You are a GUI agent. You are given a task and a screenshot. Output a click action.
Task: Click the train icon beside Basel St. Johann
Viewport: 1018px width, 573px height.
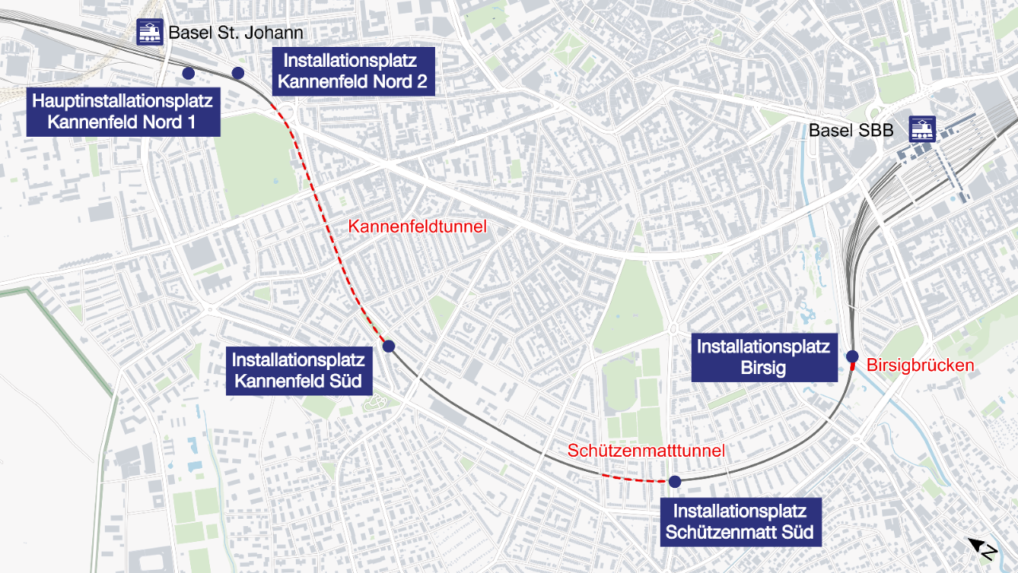(150, 32)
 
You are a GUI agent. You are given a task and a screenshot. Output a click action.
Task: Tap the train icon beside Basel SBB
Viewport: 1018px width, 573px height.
(923, 129)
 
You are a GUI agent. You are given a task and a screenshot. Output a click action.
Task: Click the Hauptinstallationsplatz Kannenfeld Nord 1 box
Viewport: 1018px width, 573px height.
(122, 111)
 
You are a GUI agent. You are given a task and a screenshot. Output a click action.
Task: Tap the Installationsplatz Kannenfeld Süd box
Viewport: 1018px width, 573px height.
(298, 370)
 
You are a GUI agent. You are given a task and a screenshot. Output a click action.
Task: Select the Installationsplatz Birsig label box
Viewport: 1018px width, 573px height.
(763, 357)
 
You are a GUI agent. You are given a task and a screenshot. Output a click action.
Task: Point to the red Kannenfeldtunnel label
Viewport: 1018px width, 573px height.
(418, 227)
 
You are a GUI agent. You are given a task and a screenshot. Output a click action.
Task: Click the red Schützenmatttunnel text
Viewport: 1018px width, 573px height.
(646, 450)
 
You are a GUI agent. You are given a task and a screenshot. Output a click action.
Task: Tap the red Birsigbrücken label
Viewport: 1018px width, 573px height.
(920, 366)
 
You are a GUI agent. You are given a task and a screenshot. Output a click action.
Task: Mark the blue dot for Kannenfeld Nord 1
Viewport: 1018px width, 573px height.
(188, 73)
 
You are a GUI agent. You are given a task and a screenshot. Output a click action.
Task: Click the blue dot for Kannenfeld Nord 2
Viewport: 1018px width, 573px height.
(237, 73)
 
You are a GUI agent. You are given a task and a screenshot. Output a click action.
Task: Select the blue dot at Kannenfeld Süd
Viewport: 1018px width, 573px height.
(389, 345)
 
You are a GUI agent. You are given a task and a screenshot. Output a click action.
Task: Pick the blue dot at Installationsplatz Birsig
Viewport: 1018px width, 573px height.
(852, 356)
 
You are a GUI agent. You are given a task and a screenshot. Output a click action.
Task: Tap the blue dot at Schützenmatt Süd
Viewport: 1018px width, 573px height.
(674, 481)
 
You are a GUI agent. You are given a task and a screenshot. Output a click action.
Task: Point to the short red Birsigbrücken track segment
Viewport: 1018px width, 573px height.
(853, 367)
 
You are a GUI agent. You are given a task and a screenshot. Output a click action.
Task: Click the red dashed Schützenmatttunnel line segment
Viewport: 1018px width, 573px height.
(632, 480)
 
